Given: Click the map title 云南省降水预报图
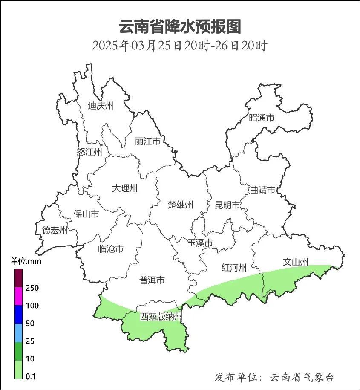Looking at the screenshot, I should pyautogui.click(x=180, y=27).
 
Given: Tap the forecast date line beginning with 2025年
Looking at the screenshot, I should pyautogui.click(x=180, y=46).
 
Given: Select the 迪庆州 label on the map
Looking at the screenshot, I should pyautogui.click(x=101, y=106).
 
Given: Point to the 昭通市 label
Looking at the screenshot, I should pyautogui.click(x=262, y=118).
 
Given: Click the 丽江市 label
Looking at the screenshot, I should pyautogui.click(x=147, y=141).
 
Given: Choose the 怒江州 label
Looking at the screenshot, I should pyautogui.click(x=89, y=152).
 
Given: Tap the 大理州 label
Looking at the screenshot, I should pyautogui.click(x=125, y=188).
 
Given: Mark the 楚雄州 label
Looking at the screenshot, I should pyautogui.click(x=181, y=205).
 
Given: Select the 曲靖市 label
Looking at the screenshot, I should pyautogui.click(x=262, y=190).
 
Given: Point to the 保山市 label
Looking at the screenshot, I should pyautogui.click(x=86, y=214).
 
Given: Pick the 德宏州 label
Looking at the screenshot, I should pyautogui.click(x=55, y=231).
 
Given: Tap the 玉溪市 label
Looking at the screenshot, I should pyautogui.click(x=200, y=243).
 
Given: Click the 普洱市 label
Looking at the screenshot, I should pyautogui.click(x=152, y=280).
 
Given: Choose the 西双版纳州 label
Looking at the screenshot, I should pyautogui.click(x=161, y=317).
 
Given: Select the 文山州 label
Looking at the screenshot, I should pyautogui.click(x=296, y=262).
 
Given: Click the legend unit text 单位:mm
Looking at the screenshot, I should pyautogui.click(x=26, y=261).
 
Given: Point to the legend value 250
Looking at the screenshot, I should pyautogui.click(x=32, y=288).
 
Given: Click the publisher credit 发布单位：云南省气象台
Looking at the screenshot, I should pyautogui.click(x=274, y=377).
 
